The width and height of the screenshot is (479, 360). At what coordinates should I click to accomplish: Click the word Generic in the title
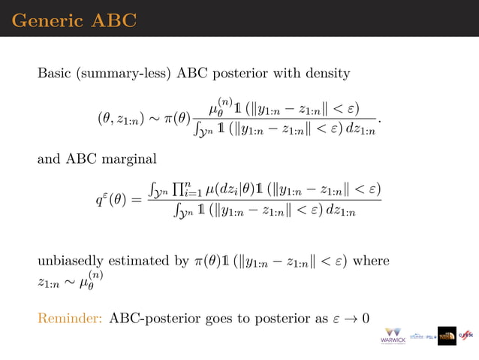coord(47,20)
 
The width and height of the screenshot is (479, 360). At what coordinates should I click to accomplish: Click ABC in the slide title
coord(113,20)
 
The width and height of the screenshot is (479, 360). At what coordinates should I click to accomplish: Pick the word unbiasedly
coord(71,262)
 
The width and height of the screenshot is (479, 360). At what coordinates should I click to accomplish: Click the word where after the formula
coord(370,262)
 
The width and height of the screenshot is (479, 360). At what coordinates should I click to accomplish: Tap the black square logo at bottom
coord(447,336)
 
